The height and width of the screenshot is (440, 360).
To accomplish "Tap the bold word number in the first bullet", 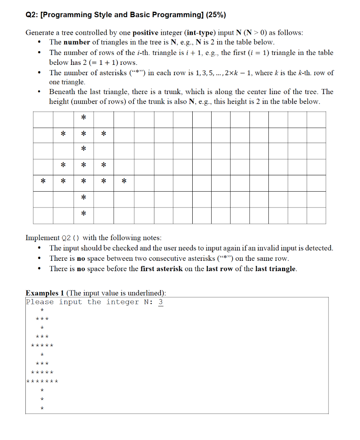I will point(77,42).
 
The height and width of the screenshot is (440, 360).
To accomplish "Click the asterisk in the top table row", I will point(83,117).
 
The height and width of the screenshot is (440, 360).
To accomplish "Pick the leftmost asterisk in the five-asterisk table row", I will point(43,181).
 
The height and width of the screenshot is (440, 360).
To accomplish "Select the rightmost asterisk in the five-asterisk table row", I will point(124,181).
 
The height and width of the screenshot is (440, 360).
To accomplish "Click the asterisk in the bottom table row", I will point(83,214).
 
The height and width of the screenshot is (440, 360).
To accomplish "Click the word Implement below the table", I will point(43,238).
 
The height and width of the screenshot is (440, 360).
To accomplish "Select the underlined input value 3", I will point(161,302).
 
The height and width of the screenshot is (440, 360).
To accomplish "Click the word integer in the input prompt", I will point(123,302).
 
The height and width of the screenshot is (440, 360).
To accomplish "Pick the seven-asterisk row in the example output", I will point(42,381).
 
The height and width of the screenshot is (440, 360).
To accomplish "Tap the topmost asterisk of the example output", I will point(42,310).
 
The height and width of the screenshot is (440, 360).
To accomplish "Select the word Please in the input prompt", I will point(40,302).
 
